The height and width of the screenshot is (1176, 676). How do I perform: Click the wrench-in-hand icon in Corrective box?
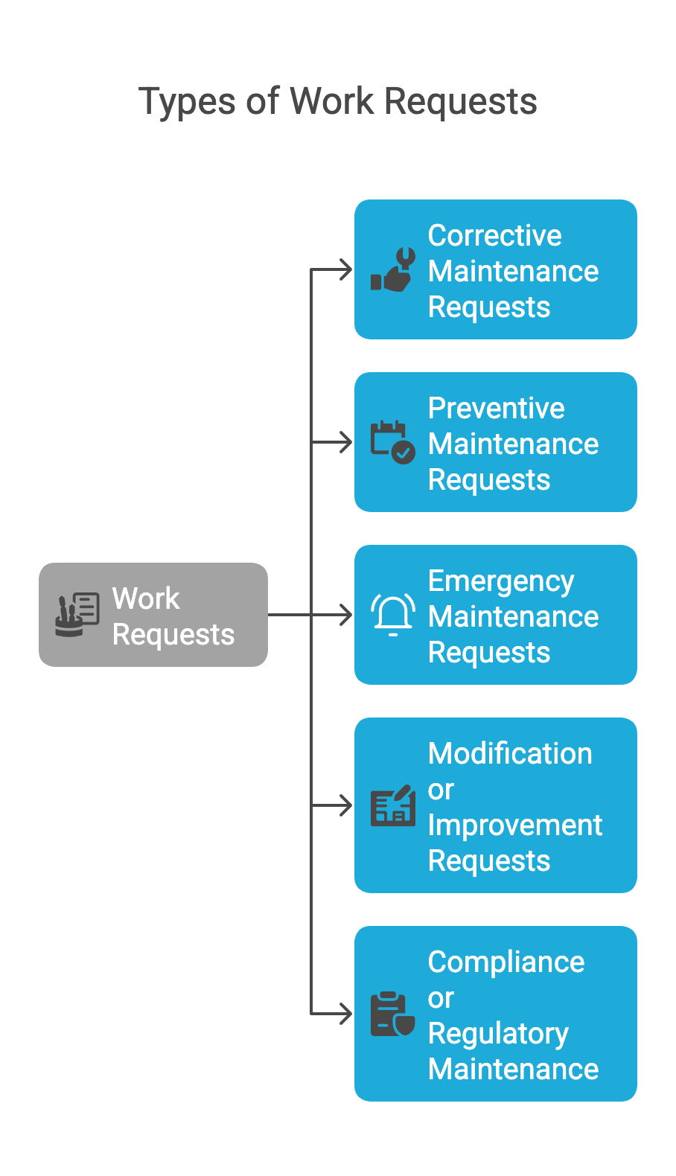[393, 269]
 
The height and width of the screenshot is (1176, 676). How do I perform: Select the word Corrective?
[494, 235]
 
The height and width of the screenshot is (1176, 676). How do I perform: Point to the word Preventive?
[496, 408]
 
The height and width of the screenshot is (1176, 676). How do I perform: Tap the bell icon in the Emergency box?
[393, 615]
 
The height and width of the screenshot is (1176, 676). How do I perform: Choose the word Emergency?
[500, 581]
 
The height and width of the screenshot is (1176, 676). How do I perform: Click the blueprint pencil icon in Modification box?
[393, 805]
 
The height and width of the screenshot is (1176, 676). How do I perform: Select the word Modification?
[510, 753]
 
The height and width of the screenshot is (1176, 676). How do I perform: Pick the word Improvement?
[514, 825]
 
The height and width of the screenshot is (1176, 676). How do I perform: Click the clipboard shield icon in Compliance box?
[393, 1014]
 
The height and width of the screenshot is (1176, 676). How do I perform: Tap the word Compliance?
[506, 962]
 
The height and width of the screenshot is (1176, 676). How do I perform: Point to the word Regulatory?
[498, 1034]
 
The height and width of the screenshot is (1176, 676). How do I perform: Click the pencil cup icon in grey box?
[77, 615]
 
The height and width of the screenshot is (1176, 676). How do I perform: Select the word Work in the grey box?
[146, 598]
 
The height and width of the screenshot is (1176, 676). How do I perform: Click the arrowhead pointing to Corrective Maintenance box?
[345, 269]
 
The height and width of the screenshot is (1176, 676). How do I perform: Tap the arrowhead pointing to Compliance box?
[345, 1014]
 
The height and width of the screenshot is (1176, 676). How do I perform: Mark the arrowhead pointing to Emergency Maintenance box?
[345, 615]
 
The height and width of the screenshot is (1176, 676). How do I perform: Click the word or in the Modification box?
[441, 790]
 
